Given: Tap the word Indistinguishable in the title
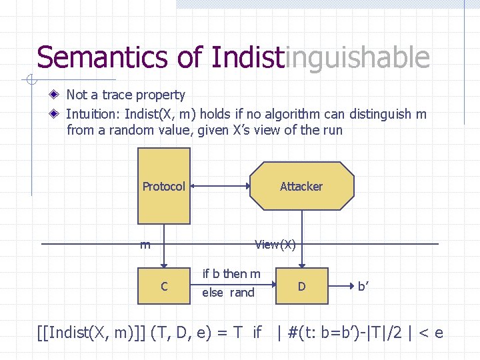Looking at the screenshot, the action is pos(320,57).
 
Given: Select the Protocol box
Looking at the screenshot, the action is pos(163,186).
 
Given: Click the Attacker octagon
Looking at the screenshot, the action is pos(301,186).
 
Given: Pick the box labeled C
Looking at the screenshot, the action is pos(163,285).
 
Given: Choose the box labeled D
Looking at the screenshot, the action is pos(301,286).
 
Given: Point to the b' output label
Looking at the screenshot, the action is pos(364,286).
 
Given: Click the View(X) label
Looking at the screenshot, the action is pos(275,245).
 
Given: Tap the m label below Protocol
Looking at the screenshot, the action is pos(145,245).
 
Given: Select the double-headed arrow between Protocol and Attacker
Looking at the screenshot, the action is pos(220,186).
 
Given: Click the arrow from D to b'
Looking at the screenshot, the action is pos(341,286).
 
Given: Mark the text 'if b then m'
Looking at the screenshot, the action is pos(231,273).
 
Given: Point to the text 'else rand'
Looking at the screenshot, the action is pos(228,292).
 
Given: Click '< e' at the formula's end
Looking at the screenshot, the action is pos(429,331).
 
